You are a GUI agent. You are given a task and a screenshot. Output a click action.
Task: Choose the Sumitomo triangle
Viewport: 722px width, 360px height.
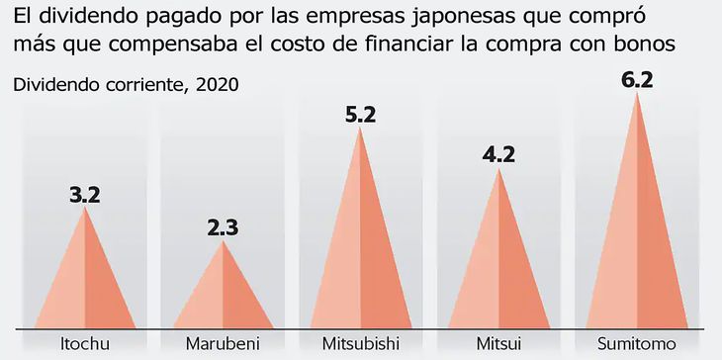tap(638, 227)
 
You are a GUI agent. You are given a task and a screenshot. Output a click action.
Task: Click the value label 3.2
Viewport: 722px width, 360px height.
tap(85, 194)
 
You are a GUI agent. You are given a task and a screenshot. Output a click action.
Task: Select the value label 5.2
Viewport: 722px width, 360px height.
tap(361, 115)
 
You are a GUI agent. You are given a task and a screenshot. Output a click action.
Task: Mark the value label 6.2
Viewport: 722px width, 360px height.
tap(638, 77)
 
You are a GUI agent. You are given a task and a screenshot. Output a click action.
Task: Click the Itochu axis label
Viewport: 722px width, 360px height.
tap(85, 344)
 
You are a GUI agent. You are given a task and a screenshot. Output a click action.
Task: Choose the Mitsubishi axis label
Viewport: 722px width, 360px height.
tap(361, 344)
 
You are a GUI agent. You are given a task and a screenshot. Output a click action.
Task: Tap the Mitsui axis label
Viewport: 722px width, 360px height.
tap(499, 344)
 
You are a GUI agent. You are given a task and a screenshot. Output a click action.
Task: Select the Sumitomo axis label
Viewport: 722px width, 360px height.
tap(638, 344)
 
